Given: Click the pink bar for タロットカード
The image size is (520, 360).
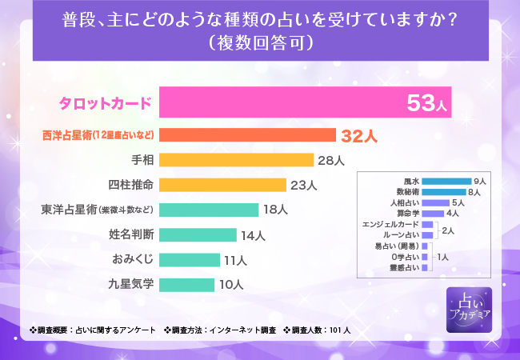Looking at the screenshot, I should click(304, 103).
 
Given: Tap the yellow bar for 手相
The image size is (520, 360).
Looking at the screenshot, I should click(236, 160).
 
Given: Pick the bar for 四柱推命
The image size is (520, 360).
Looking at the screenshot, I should click(222, 185).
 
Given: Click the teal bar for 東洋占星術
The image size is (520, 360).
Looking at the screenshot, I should click(208, 210).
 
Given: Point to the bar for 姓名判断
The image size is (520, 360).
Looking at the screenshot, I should click(198, 234).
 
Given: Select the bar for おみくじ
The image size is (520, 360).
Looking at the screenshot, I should click(189, 259).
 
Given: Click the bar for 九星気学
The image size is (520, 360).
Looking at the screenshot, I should click(186, 284).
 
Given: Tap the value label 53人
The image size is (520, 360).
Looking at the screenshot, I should click(428, 104).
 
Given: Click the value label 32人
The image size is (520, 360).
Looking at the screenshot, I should click(358, 135).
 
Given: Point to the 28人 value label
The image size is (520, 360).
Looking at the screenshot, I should click(330, 160).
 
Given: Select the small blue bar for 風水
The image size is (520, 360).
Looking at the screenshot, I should click(446, 182).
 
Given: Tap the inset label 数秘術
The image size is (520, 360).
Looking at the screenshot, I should click(406, 192).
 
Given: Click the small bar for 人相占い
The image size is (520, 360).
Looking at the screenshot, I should click(435, 203).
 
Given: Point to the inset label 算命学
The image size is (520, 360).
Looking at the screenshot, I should click(406, 214).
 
